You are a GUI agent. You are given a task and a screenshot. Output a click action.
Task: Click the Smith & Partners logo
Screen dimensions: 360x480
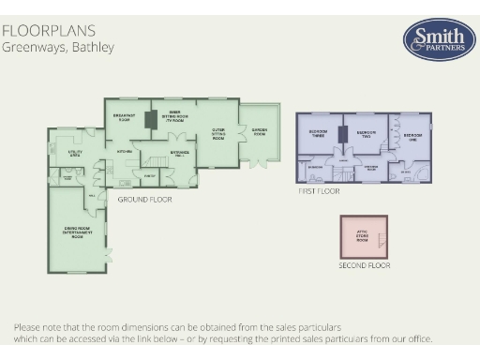tap(438, 39)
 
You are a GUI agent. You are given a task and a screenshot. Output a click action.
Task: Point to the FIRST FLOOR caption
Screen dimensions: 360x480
tap(318, 190)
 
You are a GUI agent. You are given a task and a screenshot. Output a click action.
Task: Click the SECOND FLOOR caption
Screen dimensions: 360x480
tap(365, 265)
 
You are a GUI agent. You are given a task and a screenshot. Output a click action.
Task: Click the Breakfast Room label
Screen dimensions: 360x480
tap(124, 116)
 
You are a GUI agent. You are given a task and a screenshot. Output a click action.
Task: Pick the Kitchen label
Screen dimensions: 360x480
tap(123, 150)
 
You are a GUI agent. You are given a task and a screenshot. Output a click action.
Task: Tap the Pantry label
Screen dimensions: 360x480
tap(151, 176)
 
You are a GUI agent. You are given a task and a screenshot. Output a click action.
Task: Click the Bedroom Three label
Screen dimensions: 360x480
tap(318, 135)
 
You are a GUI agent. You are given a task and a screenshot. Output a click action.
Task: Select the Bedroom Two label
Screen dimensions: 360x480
tap(365, 133)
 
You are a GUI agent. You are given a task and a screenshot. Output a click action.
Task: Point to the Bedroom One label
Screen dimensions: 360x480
tap(412, 135)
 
